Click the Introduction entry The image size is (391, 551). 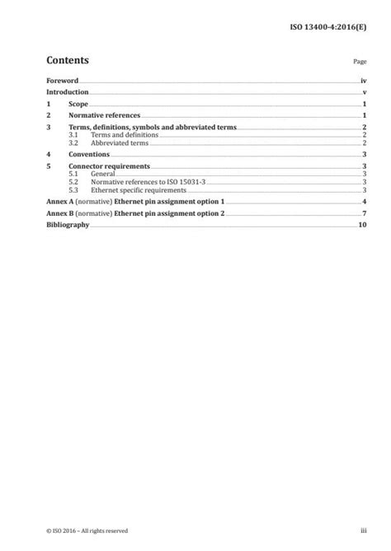68,93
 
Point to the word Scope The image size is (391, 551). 78,105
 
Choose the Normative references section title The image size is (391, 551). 104,117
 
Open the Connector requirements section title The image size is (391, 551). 107,166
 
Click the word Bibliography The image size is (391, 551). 67,225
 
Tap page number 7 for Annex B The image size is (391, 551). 364,214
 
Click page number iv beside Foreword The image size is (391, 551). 363,82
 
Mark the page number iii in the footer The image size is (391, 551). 362,530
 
